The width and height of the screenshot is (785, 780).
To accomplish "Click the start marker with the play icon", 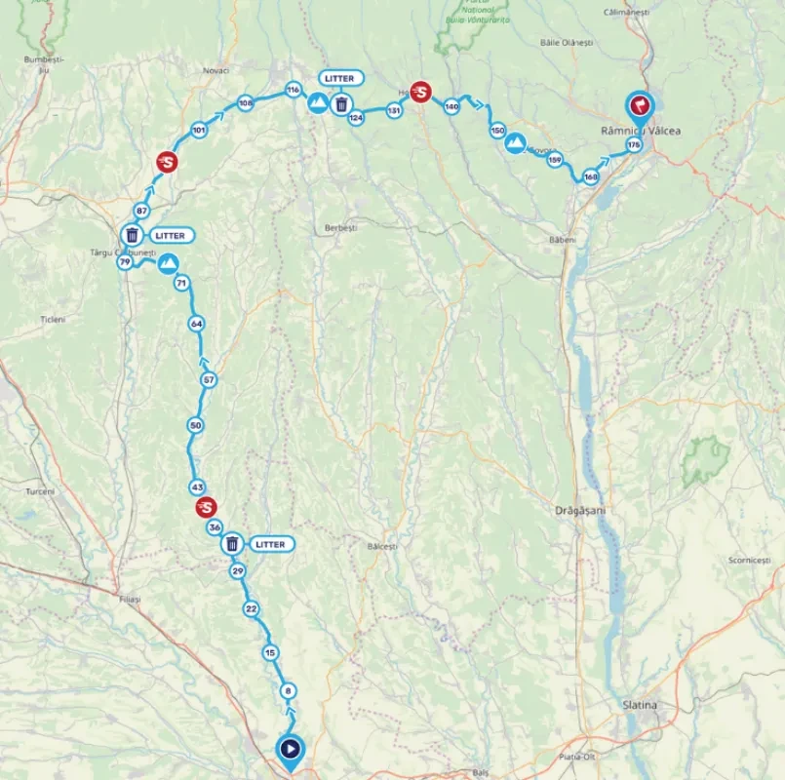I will point(290,749).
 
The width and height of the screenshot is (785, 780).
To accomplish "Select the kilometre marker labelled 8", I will point(288,691).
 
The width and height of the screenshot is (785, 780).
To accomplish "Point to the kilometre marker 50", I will point(196,425).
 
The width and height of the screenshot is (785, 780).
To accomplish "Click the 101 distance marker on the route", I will point(199,130).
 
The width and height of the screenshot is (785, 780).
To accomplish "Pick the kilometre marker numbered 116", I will point(293,90).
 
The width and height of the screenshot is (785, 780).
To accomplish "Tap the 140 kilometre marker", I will point(451,106).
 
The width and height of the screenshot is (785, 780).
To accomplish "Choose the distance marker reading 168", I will point(590,176).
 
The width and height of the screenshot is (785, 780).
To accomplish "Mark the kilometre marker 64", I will point(197,324).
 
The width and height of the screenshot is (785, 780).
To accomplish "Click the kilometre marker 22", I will point(252,609).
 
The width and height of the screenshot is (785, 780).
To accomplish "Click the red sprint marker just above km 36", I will point(206,507).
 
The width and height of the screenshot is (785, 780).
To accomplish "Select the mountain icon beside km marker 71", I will point(169,262).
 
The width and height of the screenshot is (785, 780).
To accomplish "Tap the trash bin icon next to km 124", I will point(341,103).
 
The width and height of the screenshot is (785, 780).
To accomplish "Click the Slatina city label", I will point(640,705).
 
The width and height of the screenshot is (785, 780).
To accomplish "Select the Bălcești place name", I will point(383,547).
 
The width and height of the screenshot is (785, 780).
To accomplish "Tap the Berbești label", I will point(341,227).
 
